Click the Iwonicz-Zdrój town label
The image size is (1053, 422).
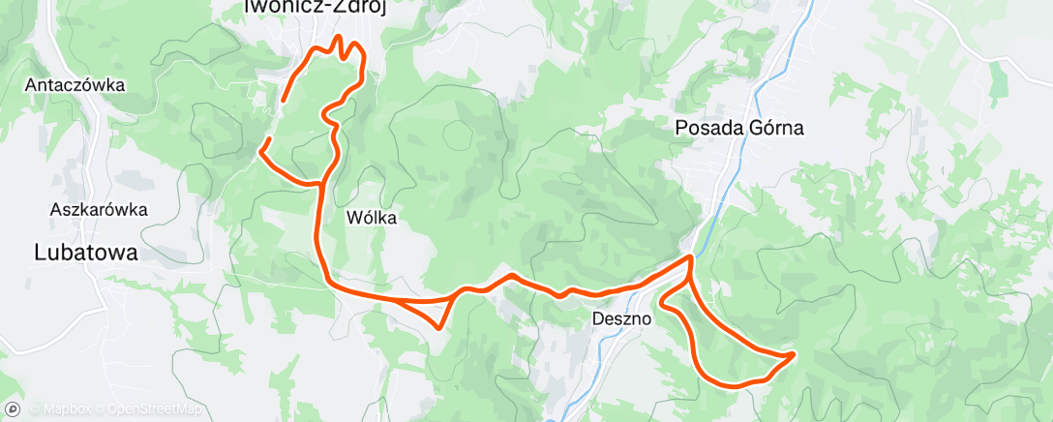coord(301,7)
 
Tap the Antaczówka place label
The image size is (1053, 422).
coord(77,84)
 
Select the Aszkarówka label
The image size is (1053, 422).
coord(98,208)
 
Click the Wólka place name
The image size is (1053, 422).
coord(372,218)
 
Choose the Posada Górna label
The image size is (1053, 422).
coord(739,127)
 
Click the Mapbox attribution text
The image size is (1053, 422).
coord(61,410)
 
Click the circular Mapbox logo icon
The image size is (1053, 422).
coord(13,409)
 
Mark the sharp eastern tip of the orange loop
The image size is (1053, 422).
coord(794,355)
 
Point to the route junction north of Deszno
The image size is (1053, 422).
coord(689,258)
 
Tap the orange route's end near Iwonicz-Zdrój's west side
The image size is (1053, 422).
coord(282,101)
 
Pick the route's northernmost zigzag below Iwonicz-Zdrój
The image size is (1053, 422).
coord(339,41)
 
